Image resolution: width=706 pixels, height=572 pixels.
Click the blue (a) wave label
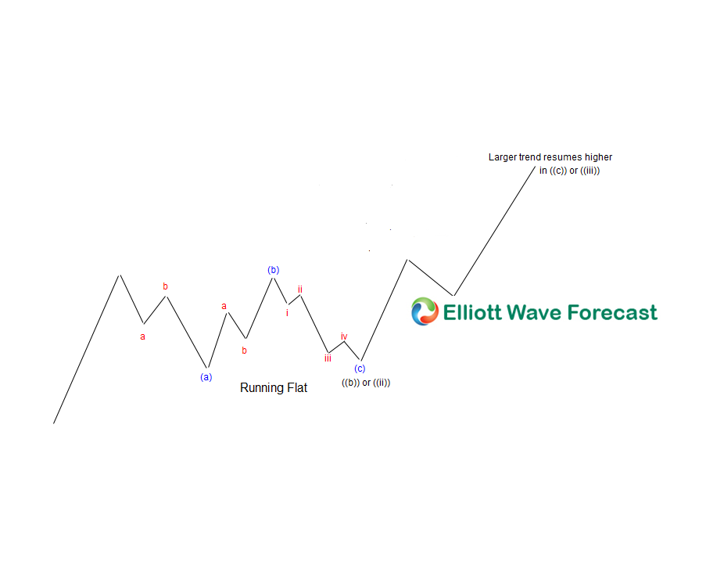coord(206,377)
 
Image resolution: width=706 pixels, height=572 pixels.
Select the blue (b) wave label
coord(274,270)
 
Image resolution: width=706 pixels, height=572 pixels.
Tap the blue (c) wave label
coord(360,369)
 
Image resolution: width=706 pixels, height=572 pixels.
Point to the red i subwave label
coord(287,313)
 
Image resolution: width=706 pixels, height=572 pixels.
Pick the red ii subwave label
coord(300,290)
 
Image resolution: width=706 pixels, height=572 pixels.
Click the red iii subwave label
coord(328,358)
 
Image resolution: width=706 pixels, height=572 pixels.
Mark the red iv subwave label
coord(344,336)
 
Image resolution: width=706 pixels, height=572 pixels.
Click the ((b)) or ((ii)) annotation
coord(366,383)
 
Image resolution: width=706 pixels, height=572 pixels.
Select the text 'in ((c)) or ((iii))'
coord(570,171)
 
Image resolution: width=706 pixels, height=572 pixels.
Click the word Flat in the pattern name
coord(297,387)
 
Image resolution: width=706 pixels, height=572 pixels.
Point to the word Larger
coord(503,157)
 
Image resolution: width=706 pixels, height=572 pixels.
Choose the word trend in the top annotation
coord(530,156)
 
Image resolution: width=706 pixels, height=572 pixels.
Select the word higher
coord(598,157)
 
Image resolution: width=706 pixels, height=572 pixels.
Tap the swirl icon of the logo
coord(425,311)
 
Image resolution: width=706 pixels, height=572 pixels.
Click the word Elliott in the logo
coord(472,312)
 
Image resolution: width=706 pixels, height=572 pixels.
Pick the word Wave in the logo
coord(535,312)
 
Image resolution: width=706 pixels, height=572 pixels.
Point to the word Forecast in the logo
coord(612,312)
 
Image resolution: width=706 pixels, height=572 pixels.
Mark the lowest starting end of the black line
coord(54,423)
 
